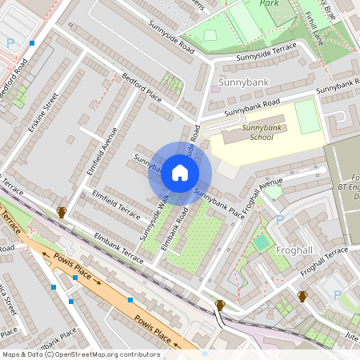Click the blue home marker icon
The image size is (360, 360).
pyautogui.click(x=180, y=173)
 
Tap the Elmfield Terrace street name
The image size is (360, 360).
pyautogui.click(x=115, y=200)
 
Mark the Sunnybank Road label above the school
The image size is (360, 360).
pyautogui.click(x=251, y=107)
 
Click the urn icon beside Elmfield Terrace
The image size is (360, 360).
pyautogui.click(x=61, y=212)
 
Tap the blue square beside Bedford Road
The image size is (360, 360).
pyautogui.click(x=33, y=43)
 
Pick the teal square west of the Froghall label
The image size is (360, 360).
pyautogui.click(x=262, y=242)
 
